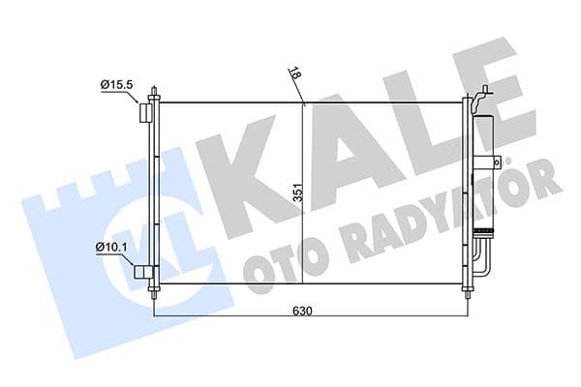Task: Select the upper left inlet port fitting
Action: click(145, 113)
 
